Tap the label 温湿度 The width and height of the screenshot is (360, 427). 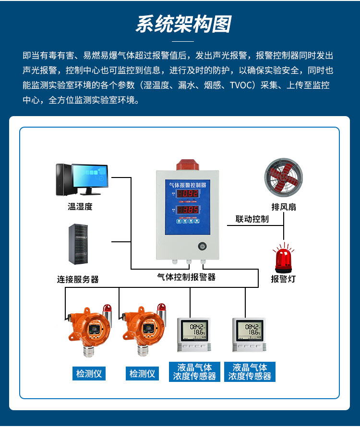(x=80, y=207)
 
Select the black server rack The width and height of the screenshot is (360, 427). (x=78, y=244)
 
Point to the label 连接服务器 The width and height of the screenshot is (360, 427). (x=78, y=279)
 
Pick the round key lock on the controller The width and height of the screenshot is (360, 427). (x=202, y=246)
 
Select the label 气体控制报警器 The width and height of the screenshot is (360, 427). (x=186, y=277)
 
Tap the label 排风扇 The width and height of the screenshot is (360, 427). (x=284, y=207)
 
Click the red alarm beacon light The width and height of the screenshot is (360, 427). (x=283, y=258)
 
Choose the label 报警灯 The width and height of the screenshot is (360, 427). (x=283, y=279)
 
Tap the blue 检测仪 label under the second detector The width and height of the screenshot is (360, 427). (x=143, y=373)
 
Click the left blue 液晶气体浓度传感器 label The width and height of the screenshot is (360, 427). (x=194, y=372)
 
